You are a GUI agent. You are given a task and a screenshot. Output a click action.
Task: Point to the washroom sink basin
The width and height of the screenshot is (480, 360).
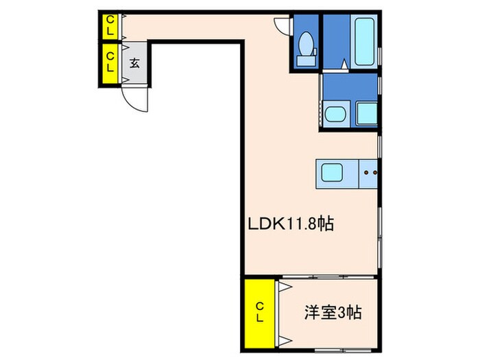coord(335,115)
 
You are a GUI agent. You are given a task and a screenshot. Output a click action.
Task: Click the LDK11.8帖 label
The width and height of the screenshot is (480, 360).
coord(290,224)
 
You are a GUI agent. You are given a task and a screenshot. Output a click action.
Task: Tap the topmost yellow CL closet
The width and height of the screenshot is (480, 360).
coord(110,27)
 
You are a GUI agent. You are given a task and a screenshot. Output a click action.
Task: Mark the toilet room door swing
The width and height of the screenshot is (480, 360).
coord(282,25)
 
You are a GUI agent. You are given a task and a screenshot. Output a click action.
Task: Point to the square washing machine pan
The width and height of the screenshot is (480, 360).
coord(367,113)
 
